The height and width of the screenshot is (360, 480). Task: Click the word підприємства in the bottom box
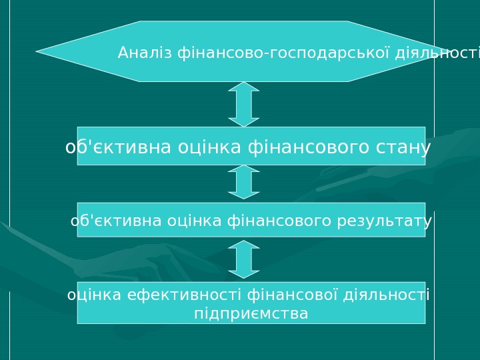tap(251, 313)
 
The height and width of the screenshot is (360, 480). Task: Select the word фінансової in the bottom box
tap(293, 295)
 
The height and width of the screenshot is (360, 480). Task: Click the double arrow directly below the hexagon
tap(244, 104)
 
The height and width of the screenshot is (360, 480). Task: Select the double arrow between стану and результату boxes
tap(244, 182)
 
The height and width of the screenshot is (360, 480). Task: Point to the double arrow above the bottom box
tap(244, 259)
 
